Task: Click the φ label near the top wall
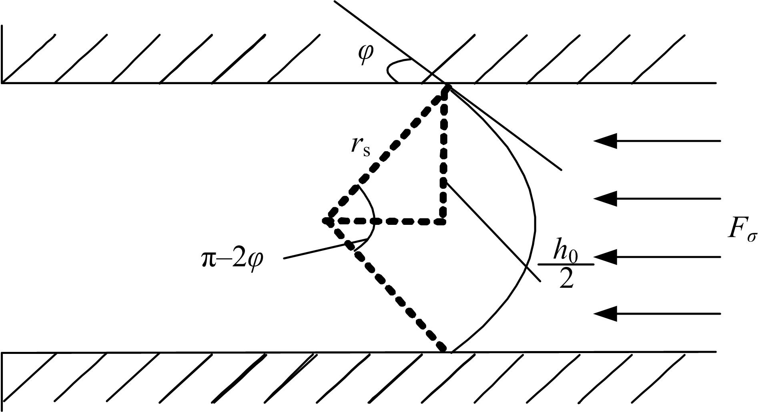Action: coord(366,55)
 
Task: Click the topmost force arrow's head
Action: coord(605,141)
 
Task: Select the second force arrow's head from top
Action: coord(605,198)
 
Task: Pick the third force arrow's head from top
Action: coord(605,256)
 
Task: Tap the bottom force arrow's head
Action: coord(605,314)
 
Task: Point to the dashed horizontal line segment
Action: coord(385,221)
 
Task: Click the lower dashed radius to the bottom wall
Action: coord(386,286)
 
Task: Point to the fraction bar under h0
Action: coord(565,265)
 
